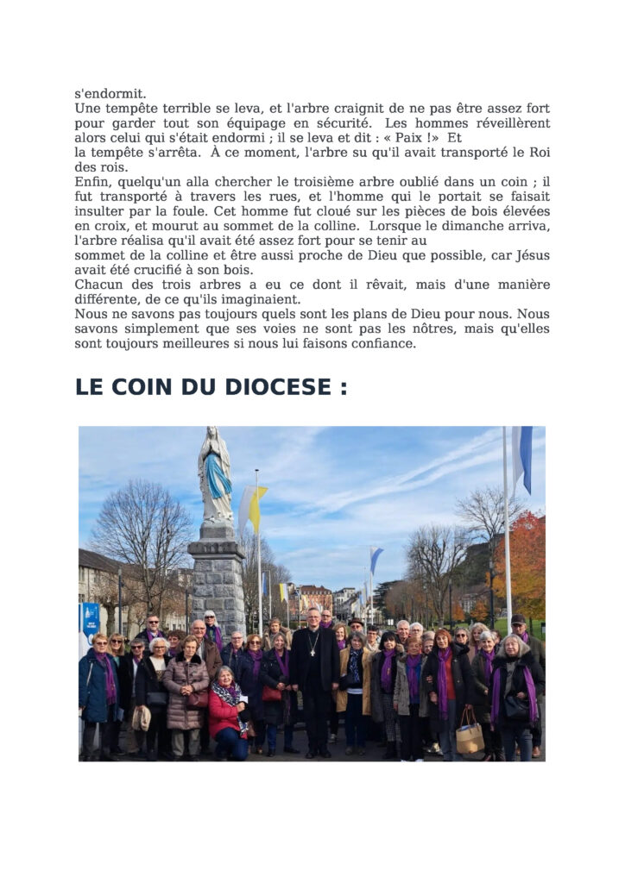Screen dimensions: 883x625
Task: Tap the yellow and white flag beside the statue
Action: (254, 507)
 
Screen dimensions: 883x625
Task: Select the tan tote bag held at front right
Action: (470, 736)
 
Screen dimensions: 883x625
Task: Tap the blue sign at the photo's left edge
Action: (91, 617)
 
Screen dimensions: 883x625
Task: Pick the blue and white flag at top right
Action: (524, 457)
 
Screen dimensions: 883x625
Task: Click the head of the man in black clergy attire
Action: (313, 617)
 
